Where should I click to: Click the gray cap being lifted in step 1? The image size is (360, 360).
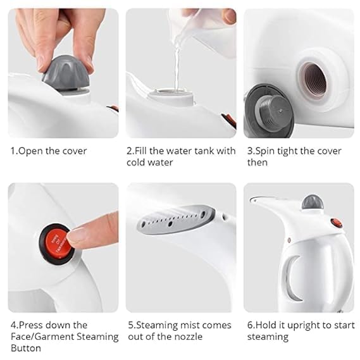coord(66,73)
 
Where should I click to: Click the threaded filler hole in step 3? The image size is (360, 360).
coord(313,79)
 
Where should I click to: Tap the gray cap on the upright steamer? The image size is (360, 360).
coord(313,202)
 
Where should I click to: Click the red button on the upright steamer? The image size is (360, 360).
coord(337,223)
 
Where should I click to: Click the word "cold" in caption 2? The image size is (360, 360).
coord(135,163)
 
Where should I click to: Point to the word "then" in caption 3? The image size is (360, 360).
coord(258,163)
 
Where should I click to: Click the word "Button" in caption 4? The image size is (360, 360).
coord(26,348)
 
